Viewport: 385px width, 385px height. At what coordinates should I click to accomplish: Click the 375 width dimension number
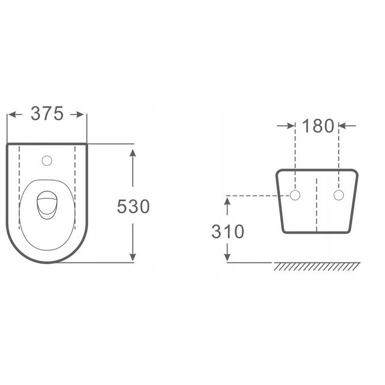(47, 114)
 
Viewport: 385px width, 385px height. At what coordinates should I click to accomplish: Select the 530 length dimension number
(133, 206)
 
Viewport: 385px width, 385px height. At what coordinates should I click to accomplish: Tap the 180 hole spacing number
(318, 126)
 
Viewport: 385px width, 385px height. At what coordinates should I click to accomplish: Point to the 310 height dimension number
(228, 232)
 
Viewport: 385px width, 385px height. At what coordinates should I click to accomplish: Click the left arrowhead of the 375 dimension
(12, 114)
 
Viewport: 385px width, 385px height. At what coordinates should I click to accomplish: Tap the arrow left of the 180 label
(286, 126)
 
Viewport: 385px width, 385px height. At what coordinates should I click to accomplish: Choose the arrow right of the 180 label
(347, 126)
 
